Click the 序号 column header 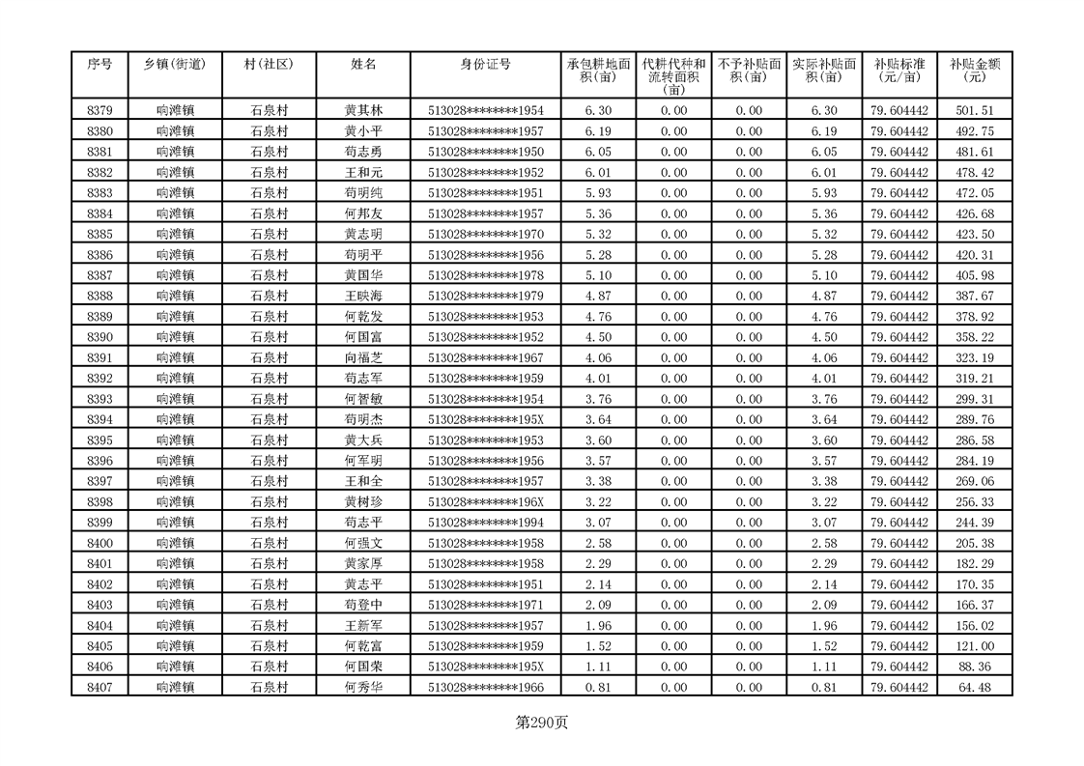point(100,65)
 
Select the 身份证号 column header point(485,65)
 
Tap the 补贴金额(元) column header point(974,71)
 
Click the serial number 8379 point(100,111)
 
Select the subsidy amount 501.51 point(974,111)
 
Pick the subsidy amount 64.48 point(974,688)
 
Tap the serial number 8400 point(100,544)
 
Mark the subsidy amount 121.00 point(974,646)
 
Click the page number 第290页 point(542,723)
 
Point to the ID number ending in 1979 point(485,297)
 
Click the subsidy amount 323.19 point(974,358)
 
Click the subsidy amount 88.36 point(974,667)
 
